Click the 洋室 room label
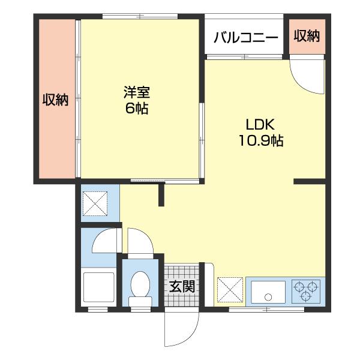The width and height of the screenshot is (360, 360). click(137, 92)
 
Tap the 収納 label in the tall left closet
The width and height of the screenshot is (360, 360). click(55, 100)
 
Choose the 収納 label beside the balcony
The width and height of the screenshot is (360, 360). click(307, 36)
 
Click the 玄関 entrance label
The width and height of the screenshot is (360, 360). click(181, 287)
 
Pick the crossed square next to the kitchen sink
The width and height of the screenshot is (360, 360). click(230, 290)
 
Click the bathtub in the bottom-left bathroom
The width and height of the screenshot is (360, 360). click(98, 288)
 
